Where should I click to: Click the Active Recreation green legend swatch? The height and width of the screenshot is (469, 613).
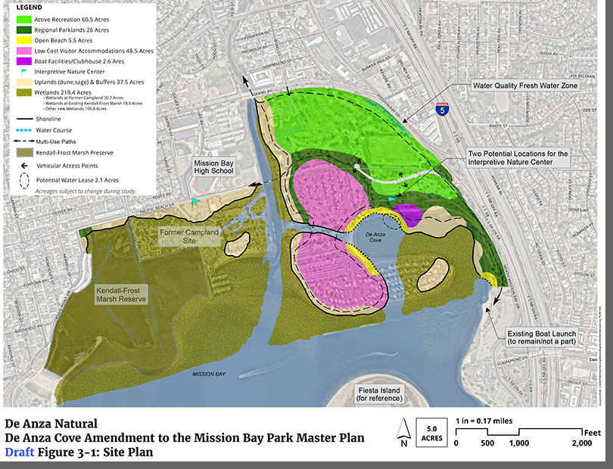[25, 17]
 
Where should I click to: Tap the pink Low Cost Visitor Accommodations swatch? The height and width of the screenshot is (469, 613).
[25, 50]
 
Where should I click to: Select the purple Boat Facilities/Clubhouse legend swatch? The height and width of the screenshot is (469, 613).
[25, 61]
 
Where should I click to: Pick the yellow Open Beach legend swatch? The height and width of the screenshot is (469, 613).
[25, 39]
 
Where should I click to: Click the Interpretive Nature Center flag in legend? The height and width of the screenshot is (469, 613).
[25, 71]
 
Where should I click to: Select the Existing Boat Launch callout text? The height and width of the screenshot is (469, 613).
[542, 337]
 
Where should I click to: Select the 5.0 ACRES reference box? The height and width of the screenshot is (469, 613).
[431, 434]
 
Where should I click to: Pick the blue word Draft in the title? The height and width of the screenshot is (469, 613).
[18, 452]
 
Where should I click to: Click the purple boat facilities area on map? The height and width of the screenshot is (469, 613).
[409, 215]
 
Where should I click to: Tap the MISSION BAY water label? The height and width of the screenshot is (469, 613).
[209, 374]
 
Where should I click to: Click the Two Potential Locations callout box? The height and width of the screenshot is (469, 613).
[518, 157]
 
